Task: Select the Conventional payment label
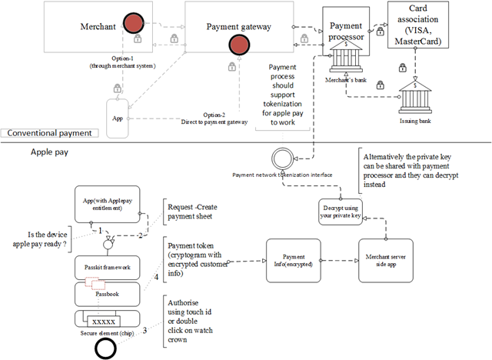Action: coord(51,132)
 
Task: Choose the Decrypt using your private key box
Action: coord(341,210)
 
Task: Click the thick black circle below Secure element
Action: coord(107,348)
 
